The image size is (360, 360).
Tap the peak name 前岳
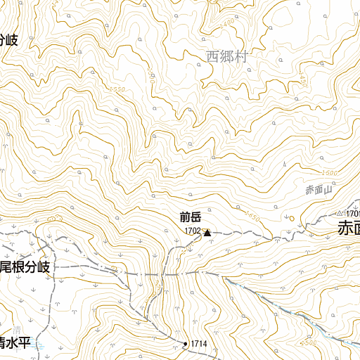(191, 217)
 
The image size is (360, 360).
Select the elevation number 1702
(193, 231)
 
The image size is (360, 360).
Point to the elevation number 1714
(199, 344)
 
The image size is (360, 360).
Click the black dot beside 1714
(186, 344)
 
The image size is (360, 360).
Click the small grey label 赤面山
(318, 189)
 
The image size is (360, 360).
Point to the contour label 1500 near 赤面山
(328, 173)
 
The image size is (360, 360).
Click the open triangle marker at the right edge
(339, 212)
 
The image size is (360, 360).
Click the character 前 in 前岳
(184, 217)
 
